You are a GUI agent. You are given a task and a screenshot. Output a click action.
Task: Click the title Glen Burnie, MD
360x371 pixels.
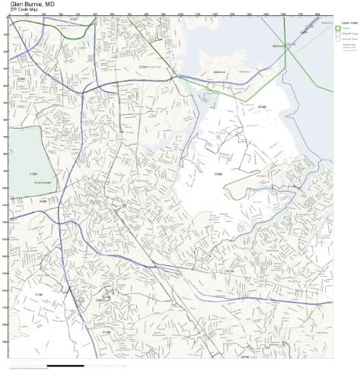click(x=31, y=5)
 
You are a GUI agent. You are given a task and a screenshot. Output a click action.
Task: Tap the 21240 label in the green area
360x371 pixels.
click(x=33, y=174)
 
